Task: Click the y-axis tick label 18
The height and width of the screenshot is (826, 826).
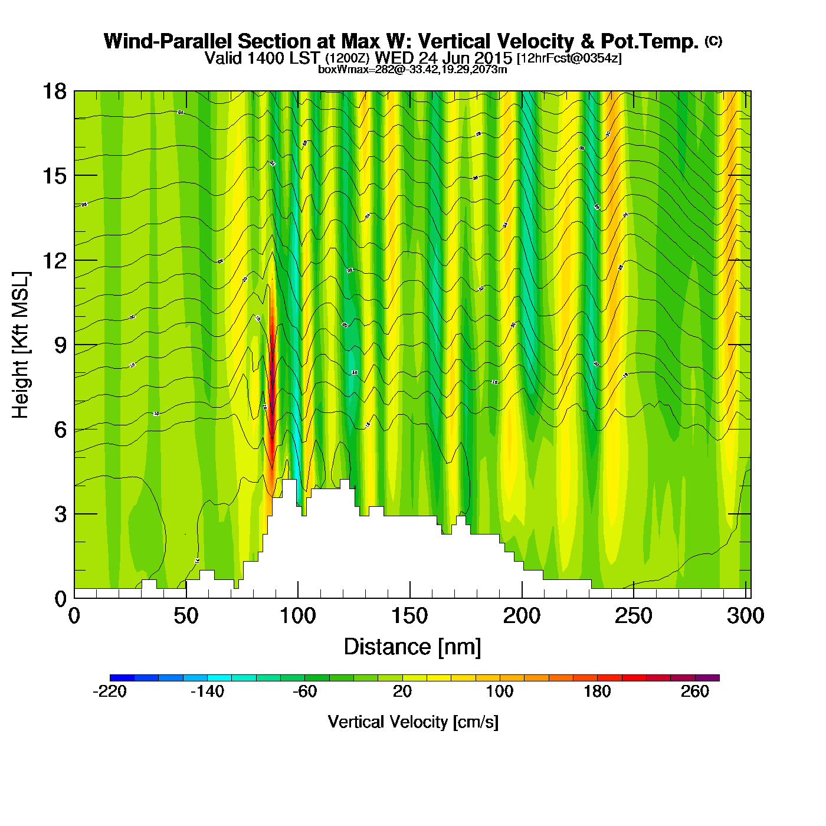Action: point(54,91)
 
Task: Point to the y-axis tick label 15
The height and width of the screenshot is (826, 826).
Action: point(54,176)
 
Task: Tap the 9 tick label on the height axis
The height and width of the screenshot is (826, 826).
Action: point(60,345)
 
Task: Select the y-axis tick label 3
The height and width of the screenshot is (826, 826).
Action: point(60,514)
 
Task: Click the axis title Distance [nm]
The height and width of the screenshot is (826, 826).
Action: point(412,647)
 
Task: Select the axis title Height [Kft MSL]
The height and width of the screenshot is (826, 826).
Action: point(21,345)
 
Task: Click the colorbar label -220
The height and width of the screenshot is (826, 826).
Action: point(110,691)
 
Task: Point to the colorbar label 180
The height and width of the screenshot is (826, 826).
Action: point(597,691)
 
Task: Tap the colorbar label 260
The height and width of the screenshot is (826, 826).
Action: point(695,691)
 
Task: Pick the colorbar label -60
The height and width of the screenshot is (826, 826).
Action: point(305,691)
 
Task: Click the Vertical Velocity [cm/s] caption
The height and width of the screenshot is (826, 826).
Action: point(413,722)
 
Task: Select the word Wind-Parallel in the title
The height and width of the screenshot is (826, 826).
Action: point(169,41)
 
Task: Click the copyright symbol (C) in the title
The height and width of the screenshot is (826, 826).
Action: point(713,41)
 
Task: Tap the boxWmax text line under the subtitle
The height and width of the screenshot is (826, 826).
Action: point(412,69)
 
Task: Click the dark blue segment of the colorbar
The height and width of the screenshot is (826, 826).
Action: point(122,678)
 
